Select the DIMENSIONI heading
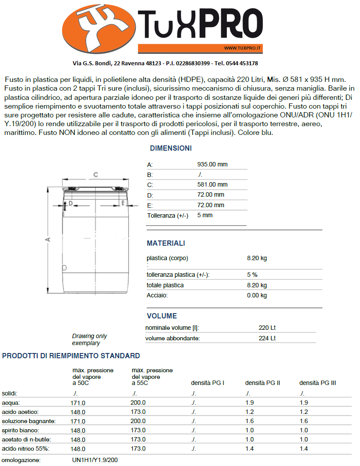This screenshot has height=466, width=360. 170,148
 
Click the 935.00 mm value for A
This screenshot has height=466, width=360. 212,165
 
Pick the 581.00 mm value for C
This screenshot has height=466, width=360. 212,185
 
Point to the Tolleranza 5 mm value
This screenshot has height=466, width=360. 205,215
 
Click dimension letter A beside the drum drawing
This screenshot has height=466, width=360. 48,239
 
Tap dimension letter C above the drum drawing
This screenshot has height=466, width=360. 95,175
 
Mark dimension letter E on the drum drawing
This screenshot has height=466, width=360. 124,204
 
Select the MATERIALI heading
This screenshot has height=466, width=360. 166,244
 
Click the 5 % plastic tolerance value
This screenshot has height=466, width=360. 252,275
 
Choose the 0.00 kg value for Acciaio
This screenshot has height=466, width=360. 257,296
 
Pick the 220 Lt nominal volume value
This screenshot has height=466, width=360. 267,328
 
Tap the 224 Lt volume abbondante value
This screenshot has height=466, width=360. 267,339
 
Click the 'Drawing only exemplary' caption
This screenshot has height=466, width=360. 89,339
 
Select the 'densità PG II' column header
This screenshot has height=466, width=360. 262,383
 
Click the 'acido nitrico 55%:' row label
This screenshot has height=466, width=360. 25,449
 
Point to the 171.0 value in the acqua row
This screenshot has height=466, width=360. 78,403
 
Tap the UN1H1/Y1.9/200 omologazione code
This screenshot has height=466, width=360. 95,460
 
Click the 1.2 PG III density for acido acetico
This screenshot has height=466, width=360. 304,412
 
